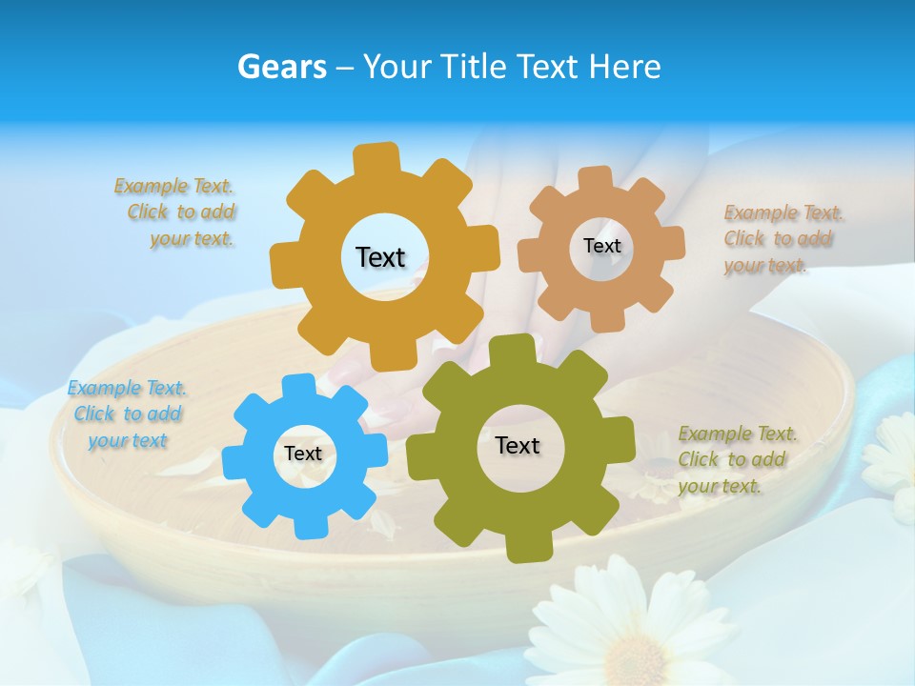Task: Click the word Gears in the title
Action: (x=282, y=67)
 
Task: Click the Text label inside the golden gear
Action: (x=380, y=257)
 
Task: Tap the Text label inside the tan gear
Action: (x=601, y=246)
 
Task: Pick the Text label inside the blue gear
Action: (x=303, y=454)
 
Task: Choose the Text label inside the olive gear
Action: (x=518, y=445)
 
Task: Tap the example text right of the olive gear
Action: (x=737, y=459)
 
